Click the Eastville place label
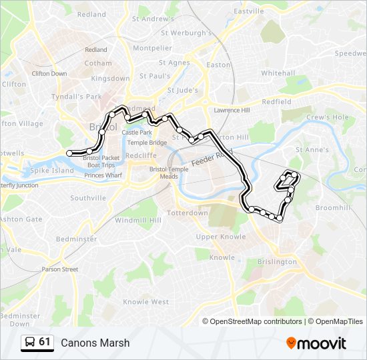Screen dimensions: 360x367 click(x=250, y=11)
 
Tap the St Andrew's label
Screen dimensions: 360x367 click(x=153, y=19)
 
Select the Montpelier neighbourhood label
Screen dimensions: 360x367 click(x=152, y=48)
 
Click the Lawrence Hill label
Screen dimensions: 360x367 click(x=232, y=110)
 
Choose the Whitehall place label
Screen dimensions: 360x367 click(x=278, y=73)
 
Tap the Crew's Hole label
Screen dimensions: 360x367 click(x=327, y=117)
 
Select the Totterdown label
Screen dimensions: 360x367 click(x=188, y=213)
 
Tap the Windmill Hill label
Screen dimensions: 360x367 click(x=138, y=220)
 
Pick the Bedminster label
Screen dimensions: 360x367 click(x=77, y=238)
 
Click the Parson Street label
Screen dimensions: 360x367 click(x=60, y=269)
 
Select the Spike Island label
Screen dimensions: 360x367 click(x=52, y=171)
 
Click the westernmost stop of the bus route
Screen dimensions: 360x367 click(x=69, y=153)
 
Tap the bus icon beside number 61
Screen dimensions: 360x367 click(x=29, y=343)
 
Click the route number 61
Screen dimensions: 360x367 click(x=45, y=342)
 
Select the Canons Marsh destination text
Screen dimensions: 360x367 click(x=95, y=343)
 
